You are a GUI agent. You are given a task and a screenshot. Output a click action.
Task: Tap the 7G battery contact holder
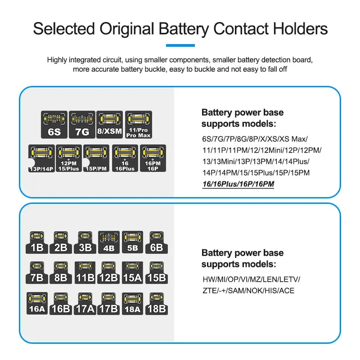click(81, 125)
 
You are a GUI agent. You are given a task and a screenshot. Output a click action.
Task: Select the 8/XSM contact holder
click(109, 125)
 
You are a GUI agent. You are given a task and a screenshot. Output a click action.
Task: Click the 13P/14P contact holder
click(42, 158)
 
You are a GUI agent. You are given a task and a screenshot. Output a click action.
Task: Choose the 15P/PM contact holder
click(97, 158)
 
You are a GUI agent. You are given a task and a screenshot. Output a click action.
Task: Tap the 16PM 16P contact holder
click(153, 158)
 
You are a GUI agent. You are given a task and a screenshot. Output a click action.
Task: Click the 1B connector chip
click(37, 242)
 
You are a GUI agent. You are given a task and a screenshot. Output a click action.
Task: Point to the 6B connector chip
click(156, 242)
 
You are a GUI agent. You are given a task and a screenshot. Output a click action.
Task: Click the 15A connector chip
click(132, 272)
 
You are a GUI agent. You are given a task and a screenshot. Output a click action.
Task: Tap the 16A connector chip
click(37, 303)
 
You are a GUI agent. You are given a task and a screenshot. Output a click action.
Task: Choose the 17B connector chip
click(108, 303)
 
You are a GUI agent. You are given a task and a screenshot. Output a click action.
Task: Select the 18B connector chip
click(156, 303)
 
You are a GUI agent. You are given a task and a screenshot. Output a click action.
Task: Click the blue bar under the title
click(180, 45)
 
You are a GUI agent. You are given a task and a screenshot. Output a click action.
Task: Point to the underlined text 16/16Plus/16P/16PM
click(238, 184)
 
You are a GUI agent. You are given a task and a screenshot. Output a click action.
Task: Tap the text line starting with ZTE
click(248, 291)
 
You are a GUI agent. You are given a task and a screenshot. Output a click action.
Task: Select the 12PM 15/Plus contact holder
click(69, 158)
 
